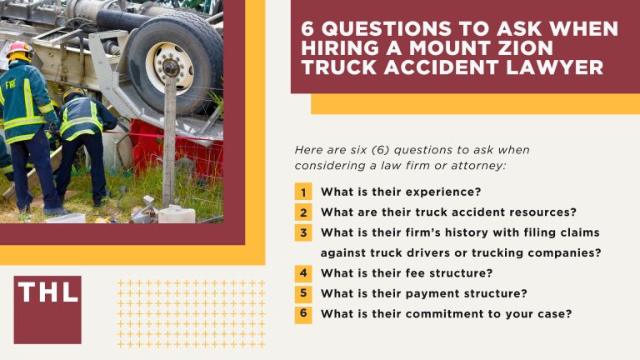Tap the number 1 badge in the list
(304, 192)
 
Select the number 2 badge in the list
(304, 212)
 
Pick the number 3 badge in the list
(304, 232)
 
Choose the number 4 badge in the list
(304, 272)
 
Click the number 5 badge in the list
(304, 293)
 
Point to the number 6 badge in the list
(304, 314)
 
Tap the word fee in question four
(403, 272)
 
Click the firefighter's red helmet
(17, 50)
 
